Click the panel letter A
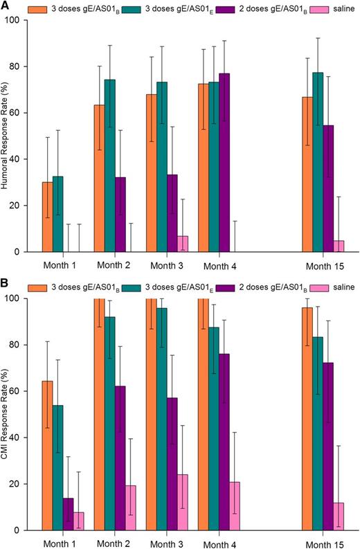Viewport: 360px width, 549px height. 6,6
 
